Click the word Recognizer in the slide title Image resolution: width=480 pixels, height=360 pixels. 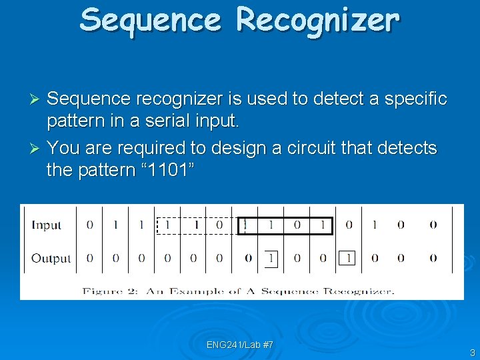point(318,21)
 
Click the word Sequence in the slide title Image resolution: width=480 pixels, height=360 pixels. point(150,21)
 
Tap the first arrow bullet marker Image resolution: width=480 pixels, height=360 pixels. point(37,99)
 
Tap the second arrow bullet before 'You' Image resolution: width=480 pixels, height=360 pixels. point(37,147)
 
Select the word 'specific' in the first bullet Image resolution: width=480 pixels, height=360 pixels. point(414,99)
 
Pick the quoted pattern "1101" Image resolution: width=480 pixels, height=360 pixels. point(163,171)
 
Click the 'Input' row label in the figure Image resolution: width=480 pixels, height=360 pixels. point(46,225)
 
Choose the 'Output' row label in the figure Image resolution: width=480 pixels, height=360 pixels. point(51,258)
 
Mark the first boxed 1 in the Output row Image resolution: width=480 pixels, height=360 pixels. point(270,258)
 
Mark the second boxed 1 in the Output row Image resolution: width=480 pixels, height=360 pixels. point(347,258)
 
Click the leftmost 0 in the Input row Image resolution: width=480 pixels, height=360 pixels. point(90,225)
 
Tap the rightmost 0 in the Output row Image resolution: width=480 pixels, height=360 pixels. point(433,258)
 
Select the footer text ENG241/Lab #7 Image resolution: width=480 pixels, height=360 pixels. point(240,345)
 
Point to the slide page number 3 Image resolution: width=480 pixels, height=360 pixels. point(472,353)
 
